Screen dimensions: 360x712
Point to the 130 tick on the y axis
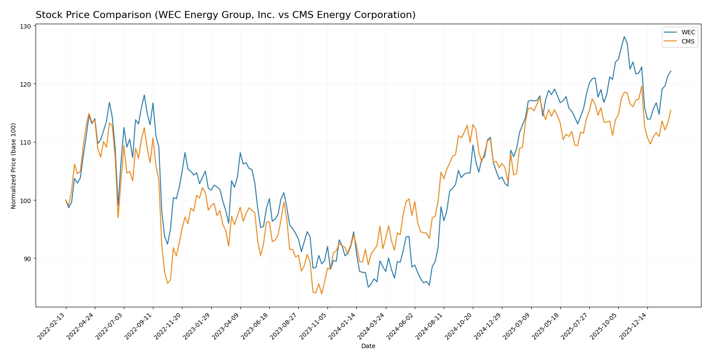25,26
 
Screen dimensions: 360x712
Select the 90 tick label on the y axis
27,258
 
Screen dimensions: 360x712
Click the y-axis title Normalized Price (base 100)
14,166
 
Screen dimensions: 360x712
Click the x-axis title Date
368,346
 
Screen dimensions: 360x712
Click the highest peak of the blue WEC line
624,36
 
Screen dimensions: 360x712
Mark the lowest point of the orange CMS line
322,294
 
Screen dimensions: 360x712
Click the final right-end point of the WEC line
671,71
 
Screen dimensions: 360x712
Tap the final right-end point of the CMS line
671,110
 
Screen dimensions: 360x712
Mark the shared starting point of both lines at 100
66,200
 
